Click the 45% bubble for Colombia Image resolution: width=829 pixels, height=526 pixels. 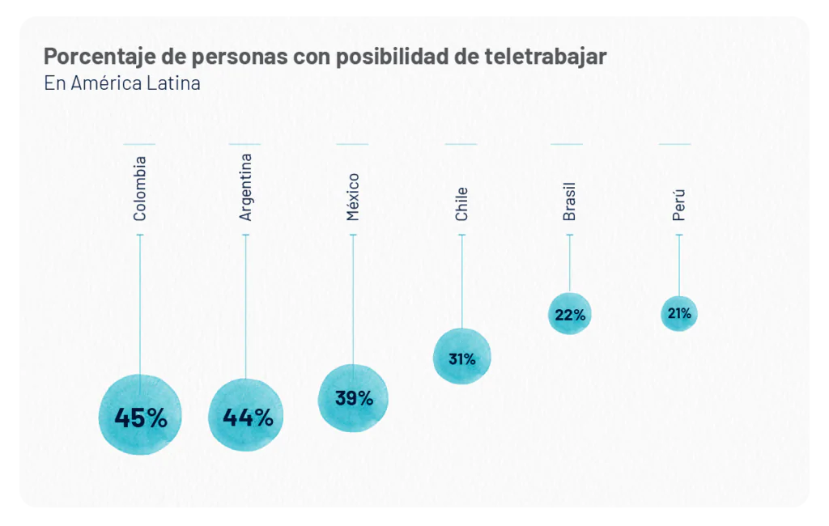140,416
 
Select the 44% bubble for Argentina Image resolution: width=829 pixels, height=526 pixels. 246,415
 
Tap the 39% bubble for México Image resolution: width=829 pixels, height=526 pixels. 353,398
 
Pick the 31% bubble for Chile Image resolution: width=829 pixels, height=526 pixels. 461,357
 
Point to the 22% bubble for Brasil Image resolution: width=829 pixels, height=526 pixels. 569,314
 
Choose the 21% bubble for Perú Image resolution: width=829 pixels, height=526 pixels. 678,313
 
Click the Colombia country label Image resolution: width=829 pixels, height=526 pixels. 140,189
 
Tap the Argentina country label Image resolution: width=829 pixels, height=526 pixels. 246,187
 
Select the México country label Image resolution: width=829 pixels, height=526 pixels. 353,197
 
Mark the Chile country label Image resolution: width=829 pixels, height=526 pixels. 461,204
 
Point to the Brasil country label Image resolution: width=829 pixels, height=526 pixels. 569,201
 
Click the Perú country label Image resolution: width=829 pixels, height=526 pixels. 678,205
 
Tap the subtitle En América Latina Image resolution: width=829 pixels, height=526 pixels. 122,83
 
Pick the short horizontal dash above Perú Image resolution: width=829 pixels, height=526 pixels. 674,144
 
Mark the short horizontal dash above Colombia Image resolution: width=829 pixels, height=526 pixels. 139,144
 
